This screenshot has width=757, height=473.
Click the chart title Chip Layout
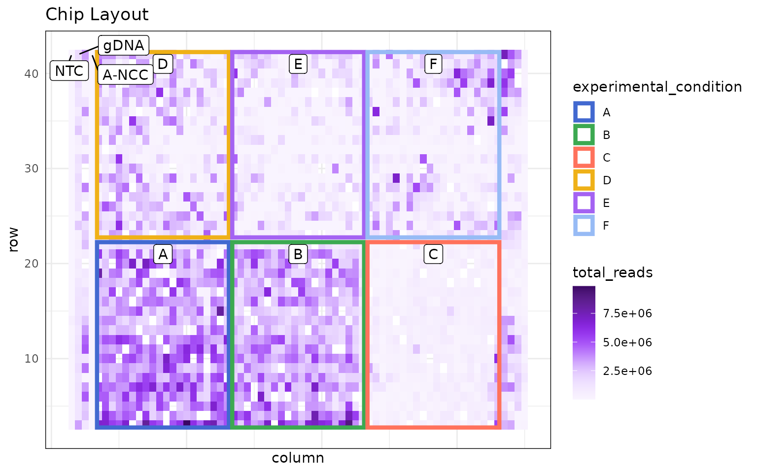97,15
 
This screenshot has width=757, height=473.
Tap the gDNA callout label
124,45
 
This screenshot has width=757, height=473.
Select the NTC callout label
69,71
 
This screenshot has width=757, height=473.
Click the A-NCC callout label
125,75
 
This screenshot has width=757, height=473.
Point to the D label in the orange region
163,64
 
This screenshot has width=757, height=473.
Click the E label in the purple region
298,64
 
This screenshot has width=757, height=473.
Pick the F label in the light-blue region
433,64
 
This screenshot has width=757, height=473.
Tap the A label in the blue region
163,254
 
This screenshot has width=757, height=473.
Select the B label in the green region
298,254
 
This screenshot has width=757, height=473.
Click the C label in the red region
433,254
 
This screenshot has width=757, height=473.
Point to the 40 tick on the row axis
31,73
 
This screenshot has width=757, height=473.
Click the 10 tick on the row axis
31,359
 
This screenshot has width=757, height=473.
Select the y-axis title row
13,239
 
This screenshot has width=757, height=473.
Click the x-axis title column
298,458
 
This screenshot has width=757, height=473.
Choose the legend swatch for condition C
584,158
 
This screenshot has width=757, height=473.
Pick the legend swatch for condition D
584,180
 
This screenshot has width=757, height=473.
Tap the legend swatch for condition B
584,135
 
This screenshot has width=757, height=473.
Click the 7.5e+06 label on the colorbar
627,314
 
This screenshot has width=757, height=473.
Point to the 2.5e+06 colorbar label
627,371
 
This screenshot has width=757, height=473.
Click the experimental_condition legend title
657,87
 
